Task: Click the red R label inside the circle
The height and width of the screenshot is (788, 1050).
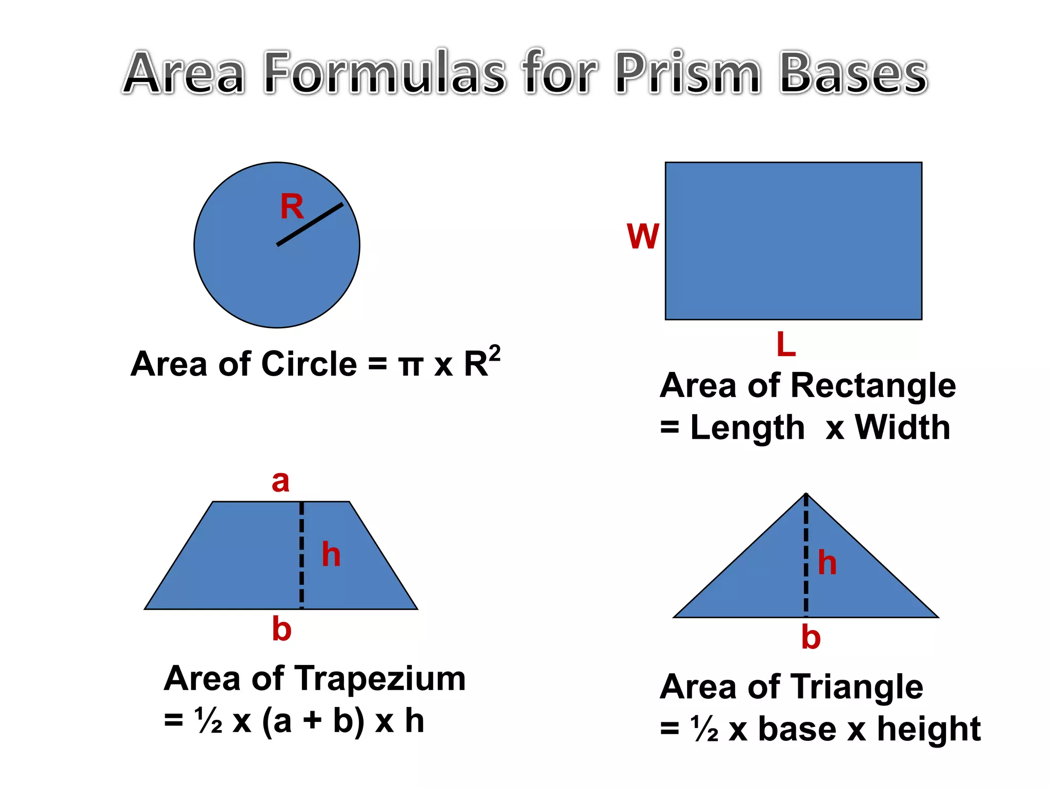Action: tap(292, 207)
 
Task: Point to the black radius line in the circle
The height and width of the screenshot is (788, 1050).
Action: tap(310, 224)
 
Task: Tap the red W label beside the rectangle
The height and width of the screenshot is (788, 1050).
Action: tap(642, 237)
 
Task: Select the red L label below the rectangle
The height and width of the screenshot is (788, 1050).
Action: tap(786, 344)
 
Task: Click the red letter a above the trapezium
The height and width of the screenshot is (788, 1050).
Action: tap(280, 482)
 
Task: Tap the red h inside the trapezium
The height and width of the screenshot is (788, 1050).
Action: tap(331, 555)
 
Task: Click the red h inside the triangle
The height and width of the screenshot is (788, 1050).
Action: tap(827, 563)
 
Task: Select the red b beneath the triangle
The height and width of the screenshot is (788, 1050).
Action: tap(811, 638)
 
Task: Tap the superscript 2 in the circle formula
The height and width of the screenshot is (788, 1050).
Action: tap(494, 353)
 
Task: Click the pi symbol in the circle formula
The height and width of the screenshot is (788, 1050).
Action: tap(411, 365)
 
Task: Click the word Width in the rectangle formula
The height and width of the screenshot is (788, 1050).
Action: tap(902, 427)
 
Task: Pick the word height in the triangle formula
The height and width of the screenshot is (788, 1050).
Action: tap(928, 728)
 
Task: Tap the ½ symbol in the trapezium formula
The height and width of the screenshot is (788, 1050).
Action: tap(209, 721)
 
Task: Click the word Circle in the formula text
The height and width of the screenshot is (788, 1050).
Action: tap(309, 364)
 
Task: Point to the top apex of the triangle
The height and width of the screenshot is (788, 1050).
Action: tap(806, 494)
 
